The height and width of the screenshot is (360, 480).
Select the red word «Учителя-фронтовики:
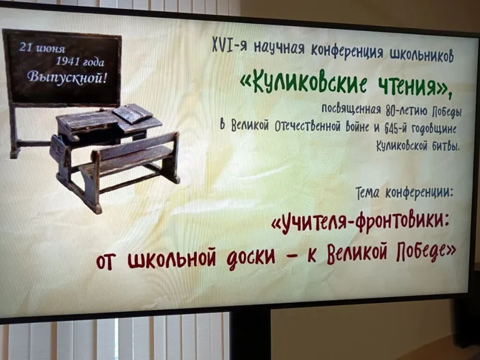click(x=360, y=223)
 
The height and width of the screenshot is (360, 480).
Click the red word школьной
click(x=171, y=260)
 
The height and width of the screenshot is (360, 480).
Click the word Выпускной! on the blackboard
click(x=67, y=77)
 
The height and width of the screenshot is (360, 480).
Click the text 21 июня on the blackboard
click(x=43, y=48)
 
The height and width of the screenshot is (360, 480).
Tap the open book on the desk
click(x=132, y=113)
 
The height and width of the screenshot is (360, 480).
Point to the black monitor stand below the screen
click(x=250, y=334)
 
